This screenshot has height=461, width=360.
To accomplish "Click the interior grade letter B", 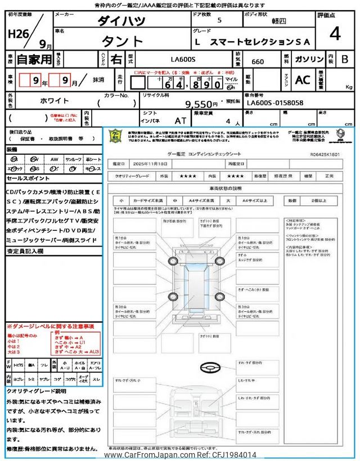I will click(344, 59).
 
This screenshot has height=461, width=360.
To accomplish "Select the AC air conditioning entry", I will click(303, 80).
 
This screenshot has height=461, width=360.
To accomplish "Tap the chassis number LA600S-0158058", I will click(275, 103).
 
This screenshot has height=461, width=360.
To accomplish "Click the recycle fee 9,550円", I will click(201, 104).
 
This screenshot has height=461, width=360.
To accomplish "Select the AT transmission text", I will click(181, 120).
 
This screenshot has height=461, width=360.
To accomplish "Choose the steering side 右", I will click(115, 59).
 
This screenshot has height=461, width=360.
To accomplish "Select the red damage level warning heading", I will click(50, 326).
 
